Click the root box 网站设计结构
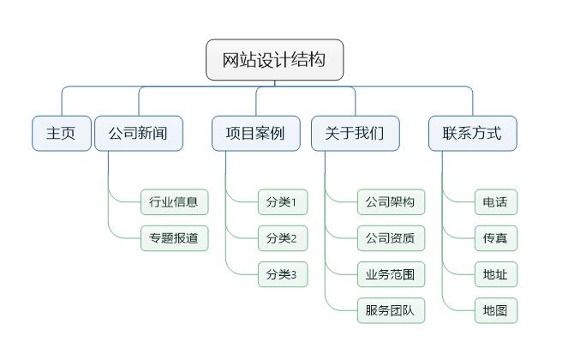point(274,60)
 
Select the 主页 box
point(62,134)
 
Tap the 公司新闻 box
point(139,134)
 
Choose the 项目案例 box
point(256,134)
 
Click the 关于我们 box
point(355,134)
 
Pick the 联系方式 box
point(473,134)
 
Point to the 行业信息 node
point(174,201)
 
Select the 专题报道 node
point(174,238)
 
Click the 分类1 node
point(283,201)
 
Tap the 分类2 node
point(283,238)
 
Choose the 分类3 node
point(283,274)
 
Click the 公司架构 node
point(391,201)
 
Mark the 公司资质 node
point(391,238)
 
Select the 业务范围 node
point(391,274)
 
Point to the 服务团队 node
point(391,310)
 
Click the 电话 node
point(496,201)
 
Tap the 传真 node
point(496,238)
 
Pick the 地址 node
point(496,274)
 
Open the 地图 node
point(496,310)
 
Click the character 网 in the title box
point(231,60)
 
